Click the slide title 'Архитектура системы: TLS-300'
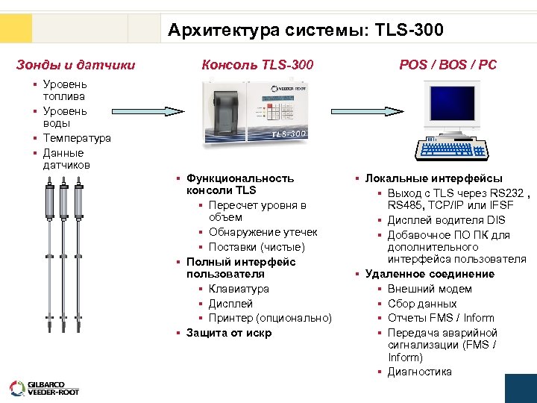(x=305, y=31)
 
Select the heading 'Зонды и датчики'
(x=75, y=65)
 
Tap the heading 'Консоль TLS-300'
(x=257, y=65)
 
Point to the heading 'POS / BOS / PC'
(x=447, y=65)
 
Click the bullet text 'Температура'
(x=77, y=138)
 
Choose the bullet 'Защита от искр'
(x=228, y=333)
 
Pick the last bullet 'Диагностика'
(x=419, y=372)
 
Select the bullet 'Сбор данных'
(x=421, y=304)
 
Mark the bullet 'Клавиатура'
(x=239, y=289)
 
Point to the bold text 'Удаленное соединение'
(x=429, y=274)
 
